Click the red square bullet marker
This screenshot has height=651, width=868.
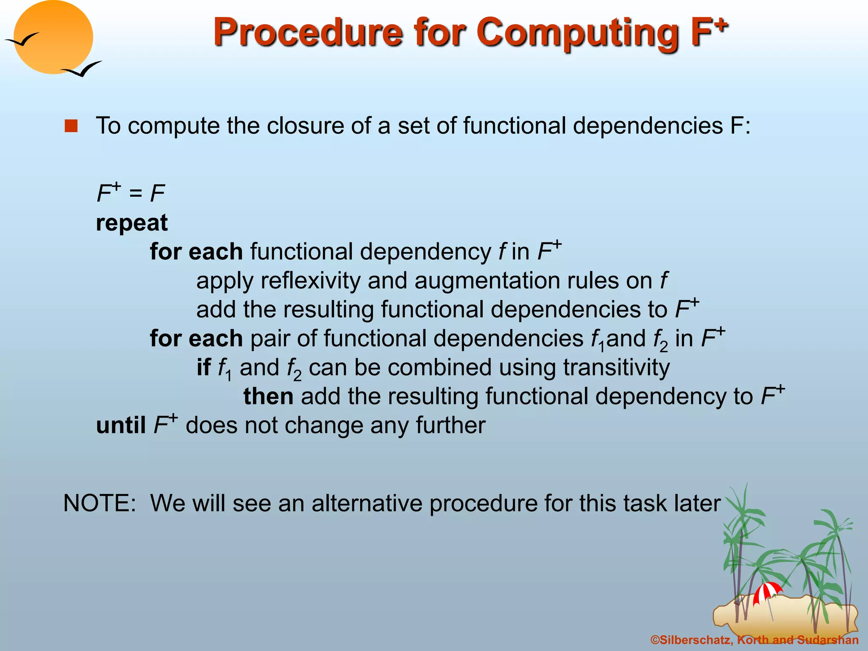[x=71, y=126]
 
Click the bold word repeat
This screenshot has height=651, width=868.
[x=132, y=223]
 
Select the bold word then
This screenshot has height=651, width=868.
[x=268, y=396]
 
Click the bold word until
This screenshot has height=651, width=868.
[x=121, y=425]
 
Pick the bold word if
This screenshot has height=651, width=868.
[x=203, y=367]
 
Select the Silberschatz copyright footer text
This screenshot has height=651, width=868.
[x=754, y=640]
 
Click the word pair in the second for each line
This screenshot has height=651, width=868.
[x=270, y=339]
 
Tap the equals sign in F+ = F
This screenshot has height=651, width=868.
[x=136, y=194]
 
